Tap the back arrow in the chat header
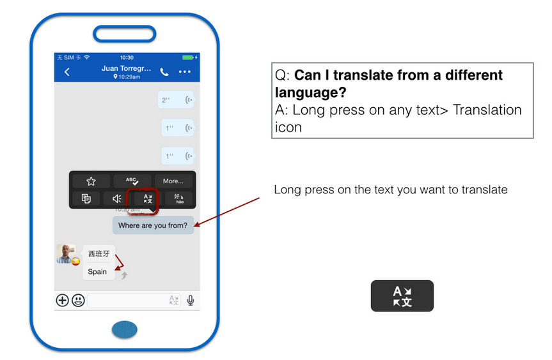coord(67,72)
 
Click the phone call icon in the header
coord(164,72)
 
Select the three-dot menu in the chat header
coord(184,72)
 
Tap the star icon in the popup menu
coord(91,181)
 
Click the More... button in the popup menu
coord(173,181)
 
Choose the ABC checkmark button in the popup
coord(132,181)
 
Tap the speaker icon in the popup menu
coord(117,199)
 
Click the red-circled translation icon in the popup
coord(148,199)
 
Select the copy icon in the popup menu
coord(86,199)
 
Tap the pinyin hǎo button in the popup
coord(179,199)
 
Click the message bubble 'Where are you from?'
coord(153,225)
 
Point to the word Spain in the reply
coord(97,271)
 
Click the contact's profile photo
coord(66,253)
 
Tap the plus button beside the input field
coord(62,300)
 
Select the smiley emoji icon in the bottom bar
coord(78,300)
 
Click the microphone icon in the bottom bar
coord(191,300)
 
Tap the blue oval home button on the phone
coord(125,330)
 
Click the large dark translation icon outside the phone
coord(402,296)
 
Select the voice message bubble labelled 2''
coord(176,100)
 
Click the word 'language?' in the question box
coord(310,93)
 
